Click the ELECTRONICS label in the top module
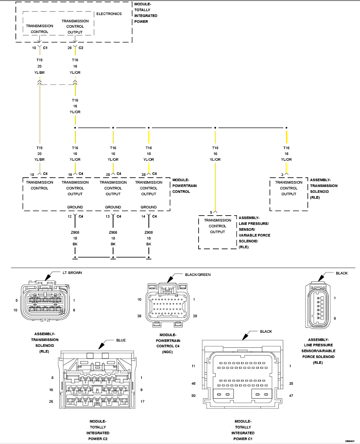pyautogui.click(x=109, y=14)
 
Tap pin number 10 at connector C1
pyautogui.click(x=34, y=48)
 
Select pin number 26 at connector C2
pyautogui.click(x=69, y=48)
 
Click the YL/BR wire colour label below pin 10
pyautogui.click(x=39, y=72)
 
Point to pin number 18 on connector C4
pyautogui.click(x=32, y=175)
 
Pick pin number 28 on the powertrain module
pyautogui.click(x=108, y=175)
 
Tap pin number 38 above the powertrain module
pyautogui.click(x=144, y=175)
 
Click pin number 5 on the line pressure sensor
pyautogui.click(x=211, y=212)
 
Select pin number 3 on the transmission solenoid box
pyautogui.click(x=282, y=175)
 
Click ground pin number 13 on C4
pyautogui.click(x=108, y=216)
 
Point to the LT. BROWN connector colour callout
pyautogui.click(x=72, y=273)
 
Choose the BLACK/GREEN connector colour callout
pyautogui.click(x=198, y=274)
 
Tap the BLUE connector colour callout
pyautogui.click(x=120, y=340)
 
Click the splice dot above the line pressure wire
pyautogui.click(x=215, y=128)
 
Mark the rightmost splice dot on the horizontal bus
pyautogui.click(x=286, y=128)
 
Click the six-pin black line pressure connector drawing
pyautogui.click(x=317, y=305)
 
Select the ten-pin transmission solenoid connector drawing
pyautogui.click(x=45, y=301)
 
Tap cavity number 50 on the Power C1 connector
pyautogui.click(x=193, y=395)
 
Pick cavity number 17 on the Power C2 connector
pyautogui.click(x=142, y=401)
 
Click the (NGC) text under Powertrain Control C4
pyautogui.click(x=168, y=352)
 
